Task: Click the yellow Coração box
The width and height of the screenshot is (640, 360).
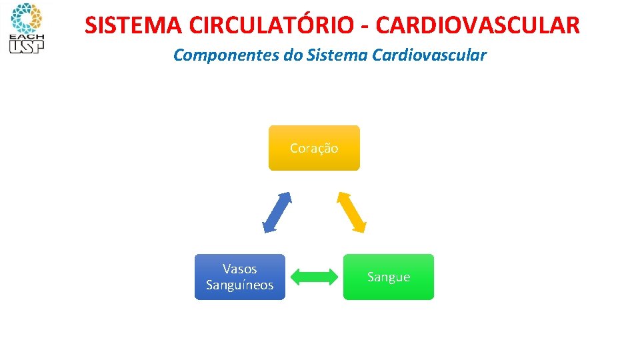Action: coord(314,148)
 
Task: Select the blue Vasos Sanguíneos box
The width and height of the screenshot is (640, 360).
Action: coord(239,277)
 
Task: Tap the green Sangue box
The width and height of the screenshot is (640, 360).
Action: coord(389,277)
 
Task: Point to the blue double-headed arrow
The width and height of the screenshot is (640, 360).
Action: coord(277,212)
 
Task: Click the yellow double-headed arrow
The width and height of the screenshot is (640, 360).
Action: coord(351,212)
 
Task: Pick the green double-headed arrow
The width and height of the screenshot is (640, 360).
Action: coord(315,277)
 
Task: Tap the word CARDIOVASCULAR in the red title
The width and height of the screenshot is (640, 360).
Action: coord(478,25)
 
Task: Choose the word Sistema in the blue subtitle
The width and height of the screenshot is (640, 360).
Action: coord(332,55)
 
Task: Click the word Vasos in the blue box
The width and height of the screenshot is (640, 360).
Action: coord(239,269)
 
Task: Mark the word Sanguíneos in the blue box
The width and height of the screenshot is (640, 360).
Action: coord(239,285)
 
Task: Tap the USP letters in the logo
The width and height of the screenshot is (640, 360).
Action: coord(25,46)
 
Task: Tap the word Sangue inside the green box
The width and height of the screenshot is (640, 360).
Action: coord(389,277)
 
